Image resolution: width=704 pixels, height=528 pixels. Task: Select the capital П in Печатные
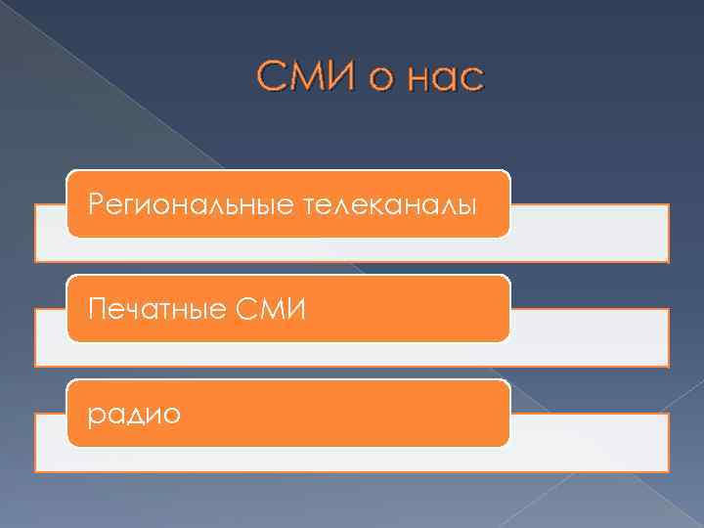pyautogui.click(x=96, y=311)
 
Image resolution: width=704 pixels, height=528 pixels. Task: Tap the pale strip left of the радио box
pyautogui.click(x=51, y=442)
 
